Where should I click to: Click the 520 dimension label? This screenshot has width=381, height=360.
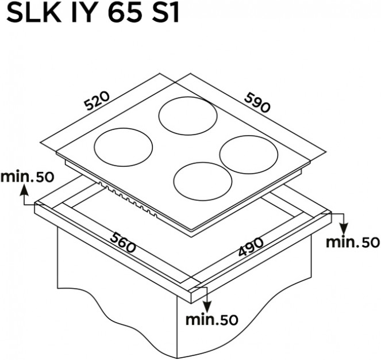pyautogui.click(x=97, y=101)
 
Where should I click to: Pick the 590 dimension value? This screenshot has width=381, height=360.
pyautogui.click(x=257, y=103)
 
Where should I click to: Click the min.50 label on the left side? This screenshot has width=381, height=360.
pyautogui.click(x=27, y=177)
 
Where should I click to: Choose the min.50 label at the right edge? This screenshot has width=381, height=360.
pyautogui.click(x=353, y=242)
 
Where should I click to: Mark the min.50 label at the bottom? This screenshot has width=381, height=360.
pyautogui.click(x=211, y=320)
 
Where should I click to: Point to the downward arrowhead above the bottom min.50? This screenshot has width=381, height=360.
pyautogui.click(x=207, y=306)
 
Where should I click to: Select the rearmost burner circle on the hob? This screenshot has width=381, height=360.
pyautogui.click(x=188, y=116)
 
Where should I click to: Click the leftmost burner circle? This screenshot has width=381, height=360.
pyautogui.click(x=124, y=147)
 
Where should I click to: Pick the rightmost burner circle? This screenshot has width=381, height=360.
pyautogui.click(x=249, y=155)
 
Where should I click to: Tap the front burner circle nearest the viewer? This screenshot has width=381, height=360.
pyautogui.click(x=203, y=181)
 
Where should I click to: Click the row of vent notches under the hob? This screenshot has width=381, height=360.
pyautogui.click(x=128, y=199)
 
